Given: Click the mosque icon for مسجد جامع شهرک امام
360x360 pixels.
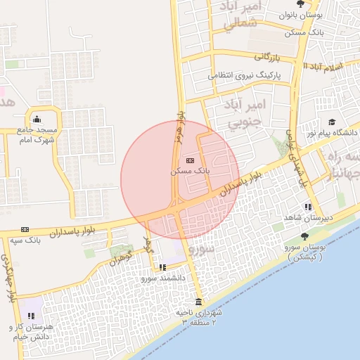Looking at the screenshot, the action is (37, 118).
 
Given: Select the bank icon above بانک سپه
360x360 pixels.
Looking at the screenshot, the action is (25, 229).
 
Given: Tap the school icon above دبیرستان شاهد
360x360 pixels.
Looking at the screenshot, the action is (308, 207).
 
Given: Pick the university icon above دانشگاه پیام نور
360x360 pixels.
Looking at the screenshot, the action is (331, 122).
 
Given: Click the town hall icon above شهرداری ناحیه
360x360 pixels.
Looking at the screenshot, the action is (197, 302).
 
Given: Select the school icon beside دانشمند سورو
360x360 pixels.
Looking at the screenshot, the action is (163, 267).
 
